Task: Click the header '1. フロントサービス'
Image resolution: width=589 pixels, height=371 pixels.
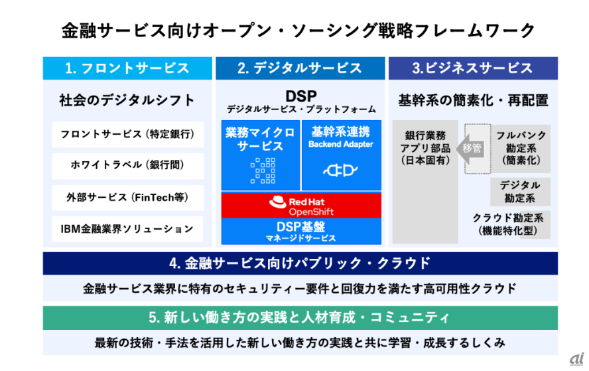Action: point(127,68)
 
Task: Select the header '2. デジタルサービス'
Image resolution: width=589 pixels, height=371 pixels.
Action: point(300,68)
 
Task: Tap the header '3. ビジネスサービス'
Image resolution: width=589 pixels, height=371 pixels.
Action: point(472,68)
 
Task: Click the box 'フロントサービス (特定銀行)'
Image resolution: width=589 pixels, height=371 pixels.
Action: point(127,134)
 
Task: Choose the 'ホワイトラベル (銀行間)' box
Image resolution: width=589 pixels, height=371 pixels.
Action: point(127,165)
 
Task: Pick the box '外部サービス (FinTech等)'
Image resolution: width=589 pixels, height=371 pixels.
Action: point(127,197)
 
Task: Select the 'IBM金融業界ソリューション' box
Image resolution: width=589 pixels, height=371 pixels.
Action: point(127,229)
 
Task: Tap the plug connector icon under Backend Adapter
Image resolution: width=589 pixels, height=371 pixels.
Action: point(341,171)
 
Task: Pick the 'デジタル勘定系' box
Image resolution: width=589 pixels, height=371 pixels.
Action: point(520,191)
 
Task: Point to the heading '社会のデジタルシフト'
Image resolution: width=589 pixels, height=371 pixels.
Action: point(127,101)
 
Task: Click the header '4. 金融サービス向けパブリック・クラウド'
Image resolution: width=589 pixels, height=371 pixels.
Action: point(300,263)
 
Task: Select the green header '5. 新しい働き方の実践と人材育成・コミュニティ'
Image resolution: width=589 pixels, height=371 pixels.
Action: point(300,317)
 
